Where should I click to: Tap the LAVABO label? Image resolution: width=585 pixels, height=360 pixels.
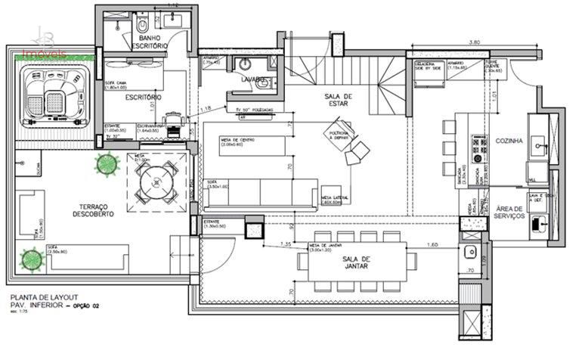click(x=252, y=78)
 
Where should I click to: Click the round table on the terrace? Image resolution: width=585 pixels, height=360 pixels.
click(x=159, y=182)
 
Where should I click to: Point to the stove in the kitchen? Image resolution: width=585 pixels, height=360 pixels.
click(x=478, y=149)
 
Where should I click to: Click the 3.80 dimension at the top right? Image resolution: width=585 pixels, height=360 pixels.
click(x=475, y=42)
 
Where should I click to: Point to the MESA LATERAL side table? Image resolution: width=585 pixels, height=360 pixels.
click(x=333, y=196)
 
